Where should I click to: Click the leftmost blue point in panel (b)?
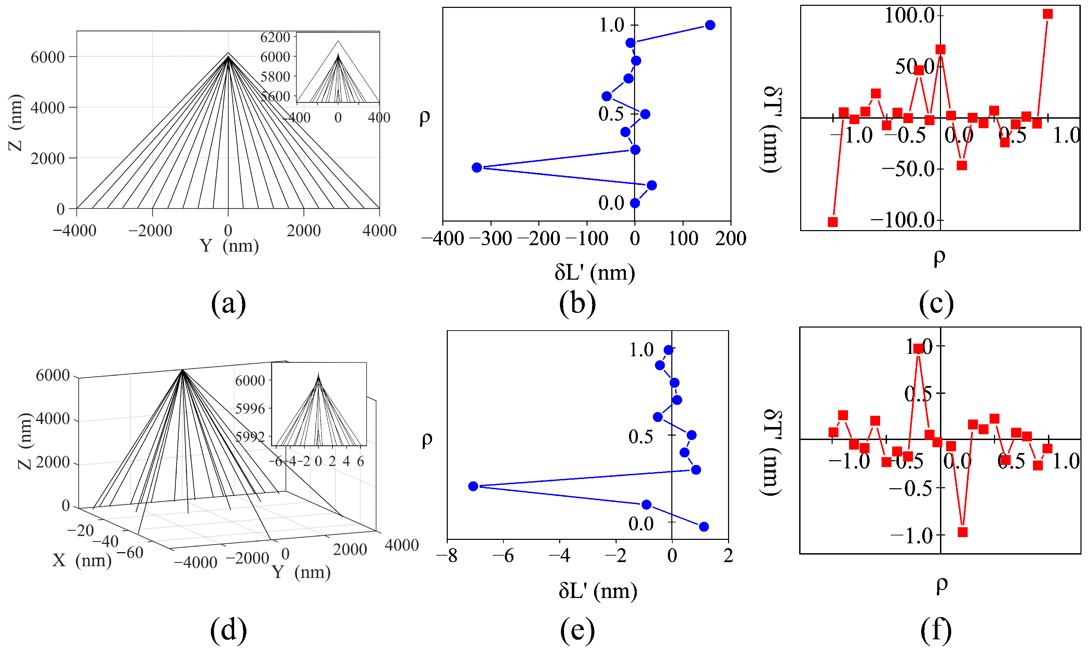pos(477,168)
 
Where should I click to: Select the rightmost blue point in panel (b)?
pos(710,25)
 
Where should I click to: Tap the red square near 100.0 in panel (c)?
pos(1048,14)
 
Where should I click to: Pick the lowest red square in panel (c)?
pos(833,222)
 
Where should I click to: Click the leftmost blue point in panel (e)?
pos(473,486)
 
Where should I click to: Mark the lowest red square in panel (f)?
pos(963,532)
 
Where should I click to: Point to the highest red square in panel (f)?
pos(918,349)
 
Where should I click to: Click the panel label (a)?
pos(228,303)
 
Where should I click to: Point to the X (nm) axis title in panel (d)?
pos(82,560)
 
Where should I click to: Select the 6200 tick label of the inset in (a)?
pos(275,37)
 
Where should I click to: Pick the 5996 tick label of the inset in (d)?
pos(250,409)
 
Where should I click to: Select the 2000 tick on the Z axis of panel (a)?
pos(48,158)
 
